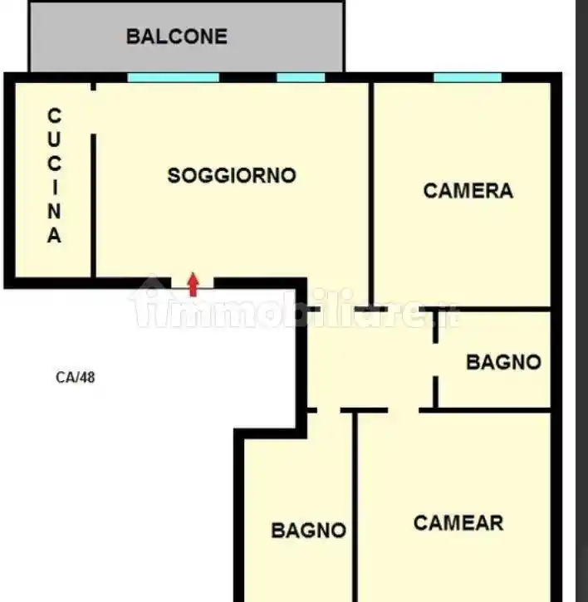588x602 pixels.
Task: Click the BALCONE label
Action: pos(176,37)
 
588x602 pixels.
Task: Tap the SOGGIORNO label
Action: pos(232,176)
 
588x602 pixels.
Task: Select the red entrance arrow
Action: pos(194,284)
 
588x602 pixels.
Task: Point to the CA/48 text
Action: pos(76,377)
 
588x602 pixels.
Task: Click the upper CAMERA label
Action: pos(468,191)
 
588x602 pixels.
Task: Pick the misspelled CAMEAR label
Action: pos(458,523)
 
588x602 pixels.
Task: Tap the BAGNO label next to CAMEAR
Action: pos(308,530)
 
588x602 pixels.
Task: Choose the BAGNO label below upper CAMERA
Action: pos(503,362)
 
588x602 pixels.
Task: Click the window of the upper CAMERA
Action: pos(468,78)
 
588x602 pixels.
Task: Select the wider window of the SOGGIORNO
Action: pos(173,78)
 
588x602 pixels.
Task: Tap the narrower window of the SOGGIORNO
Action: pos(301,78)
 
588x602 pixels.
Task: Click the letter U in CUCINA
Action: pos(54,135)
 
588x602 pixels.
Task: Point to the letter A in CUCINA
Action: pos(54,236)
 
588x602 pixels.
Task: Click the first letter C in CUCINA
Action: pos(54,115)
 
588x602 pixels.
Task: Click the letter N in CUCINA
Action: pos(54,211)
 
